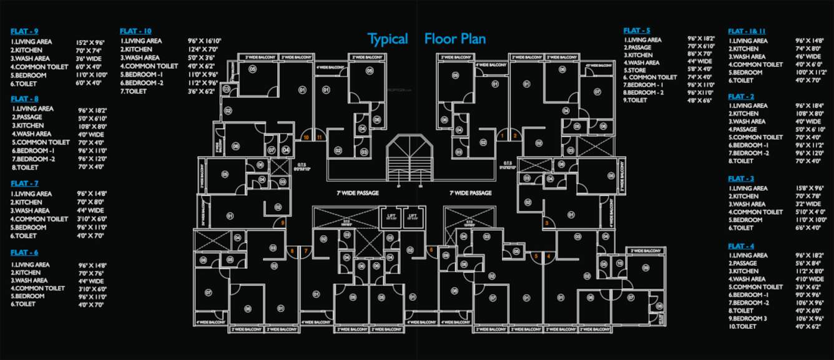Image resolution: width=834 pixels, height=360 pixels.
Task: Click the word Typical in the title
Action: click(x=387, y=39)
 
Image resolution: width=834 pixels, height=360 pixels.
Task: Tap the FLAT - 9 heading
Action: click(x=25, y=31)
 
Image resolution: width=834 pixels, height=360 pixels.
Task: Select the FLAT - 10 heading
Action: click(x=135, y=31)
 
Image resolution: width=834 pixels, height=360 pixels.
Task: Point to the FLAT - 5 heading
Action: click(x=637, y=31)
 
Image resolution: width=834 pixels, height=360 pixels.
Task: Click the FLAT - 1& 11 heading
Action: click(x=747, y=31)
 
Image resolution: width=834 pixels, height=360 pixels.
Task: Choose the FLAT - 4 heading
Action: click(x=741, y=246)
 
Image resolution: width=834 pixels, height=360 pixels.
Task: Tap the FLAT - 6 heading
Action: click(x=25, y=252)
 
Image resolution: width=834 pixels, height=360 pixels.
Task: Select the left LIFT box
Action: click(x=391, y=216)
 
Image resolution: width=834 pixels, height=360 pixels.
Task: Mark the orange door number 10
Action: click(x=306, y=136)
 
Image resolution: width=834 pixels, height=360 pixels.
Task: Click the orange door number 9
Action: click(x=283, y=223)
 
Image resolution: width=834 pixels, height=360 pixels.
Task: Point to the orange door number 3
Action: click(x=547, y=223)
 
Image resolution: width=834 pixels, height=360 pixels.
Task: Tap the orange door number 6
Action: click(x=430, y=250)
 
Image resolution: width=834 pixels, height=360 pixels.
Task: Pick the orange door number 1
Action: click(x=503, y=135)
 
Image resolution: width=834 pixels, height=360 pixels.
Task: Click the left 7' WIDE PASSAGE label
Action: click(x=358, y=193)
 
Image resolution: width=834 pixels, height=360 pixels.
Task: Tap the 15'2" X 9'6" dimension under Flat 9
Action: click(x=91, y=42)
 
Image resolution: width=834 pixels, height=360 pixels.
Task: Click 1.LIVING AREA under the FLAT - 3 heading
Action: click(x=749, y=188)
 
